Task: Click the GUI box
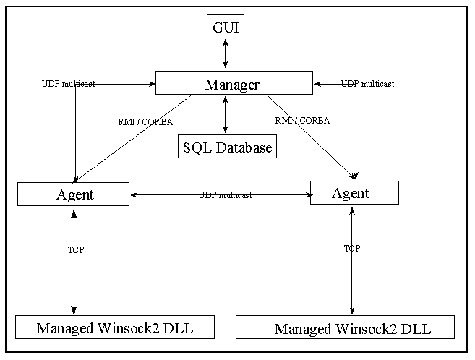tap(226, 26)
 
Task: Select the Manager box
tap(234, 83)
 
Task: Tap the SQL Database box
tap(227, 146)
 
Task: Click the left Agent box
tap(73, 194)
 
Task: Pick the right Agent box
tap(354, 192)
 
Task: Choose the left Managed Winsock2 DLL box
tap(115, 327)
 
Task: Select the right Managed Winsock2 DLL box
tap(345, 327)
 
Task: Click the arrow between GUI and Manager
tap(226, 54)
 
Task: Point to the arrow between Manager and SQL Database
tap(225, 115)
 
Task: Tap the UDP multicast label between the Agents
tap(225, 195)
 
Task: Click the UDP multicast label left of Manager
tap(68, 84)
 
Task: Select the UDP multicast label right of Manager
tap(367, 84)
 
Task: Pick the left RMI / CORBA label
tap(145, 122)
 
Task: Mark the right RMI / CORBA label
tap(302, 121)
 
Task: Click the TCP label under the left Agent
tap(76, 250)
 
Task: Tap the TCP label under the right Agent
tap(352, 248)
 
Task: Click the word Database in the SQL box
tap(244, 147)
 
